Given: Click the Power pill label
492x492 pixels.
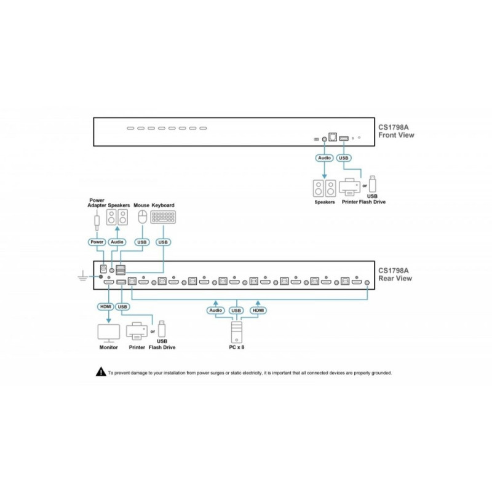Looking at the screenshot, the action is pos(97,242).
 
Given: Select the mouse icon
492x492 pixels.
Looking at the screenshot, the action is pos(143,217).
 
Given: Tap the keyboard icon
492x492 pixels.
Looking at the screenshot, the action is pos(163,217).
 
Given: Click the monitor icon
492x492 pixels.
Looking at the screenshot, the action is pos(109,333).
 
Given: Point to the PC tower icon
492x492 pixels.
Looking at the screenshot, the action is pos(237,332).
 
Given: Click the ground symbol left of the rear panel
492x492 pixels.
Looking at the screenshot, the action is pos(82,276).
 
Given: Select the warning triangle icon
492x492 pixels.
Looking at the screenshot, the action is pos(101,372).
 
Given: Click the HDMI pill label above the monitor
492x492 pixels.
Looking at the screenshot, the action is pos(106,306).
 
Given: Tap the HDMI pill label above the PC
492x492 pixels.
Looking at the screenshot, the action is pos(258,311).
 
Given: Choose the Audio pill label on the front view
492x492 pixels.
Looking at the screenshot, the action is pos(325,158).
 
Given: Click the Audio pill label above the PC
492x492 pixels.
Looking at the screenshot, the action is pos(216,311).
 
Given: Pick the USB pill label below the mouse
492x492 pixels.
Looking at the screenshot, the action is pos(142,242).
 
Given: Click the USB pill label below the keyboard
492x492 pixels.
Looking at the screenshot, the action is pos(163,242).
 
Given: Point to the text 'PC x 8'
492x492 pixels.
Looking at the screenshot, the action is pos(237,347).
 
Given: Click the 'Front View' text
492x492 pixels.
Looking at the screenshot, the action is pos(396,135).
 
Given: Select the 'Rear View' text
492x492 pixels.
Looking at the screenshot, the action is pos(395,279).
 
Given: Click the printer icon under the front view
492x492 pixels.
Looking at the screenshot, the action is pos(349,188).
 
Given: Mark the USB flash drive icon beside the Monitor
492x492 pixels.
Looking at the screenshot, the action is pos(162,328).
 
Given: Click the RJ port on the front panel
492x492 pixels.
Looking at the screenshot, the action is pos(333,137).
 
